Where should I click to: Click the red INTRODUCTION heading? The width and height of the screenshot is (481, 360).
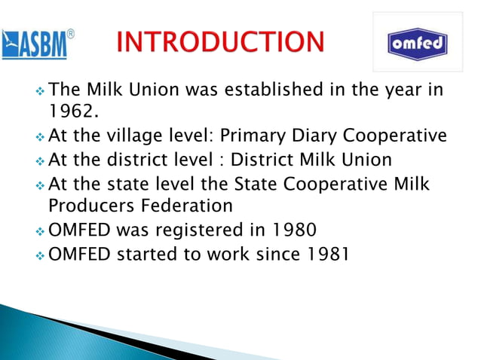pos(220,42)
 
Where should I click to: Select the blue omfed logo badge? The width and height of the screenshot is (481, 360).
pos(417,44)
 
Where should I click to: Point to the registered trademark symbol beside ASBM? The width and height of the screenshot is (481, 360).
pos(71,34)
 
